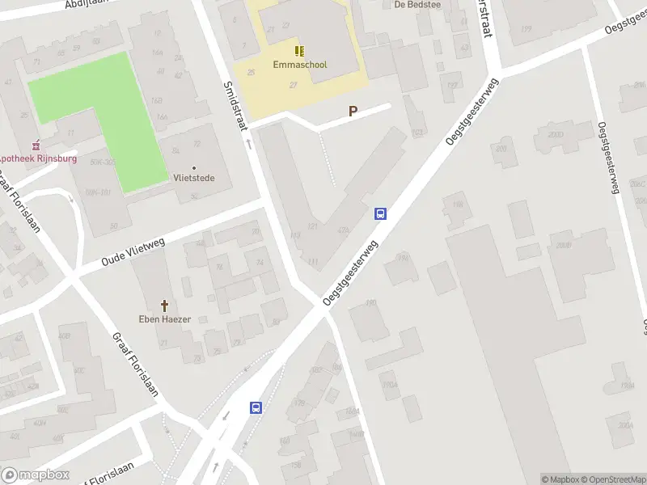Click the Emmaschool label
300,65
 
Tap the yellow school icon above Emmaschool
300,51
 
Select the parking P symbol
353,112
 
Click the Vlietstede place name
194,178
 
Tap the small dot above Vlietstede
194,167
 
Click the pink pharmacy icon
34,146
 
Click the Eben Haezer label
164,319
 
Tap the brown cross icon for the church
165,306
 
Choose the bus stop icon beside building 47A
380,214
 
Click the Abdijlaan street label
89,5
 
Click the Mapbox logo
35,475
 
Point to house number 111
312,261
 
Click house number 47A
344,230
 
